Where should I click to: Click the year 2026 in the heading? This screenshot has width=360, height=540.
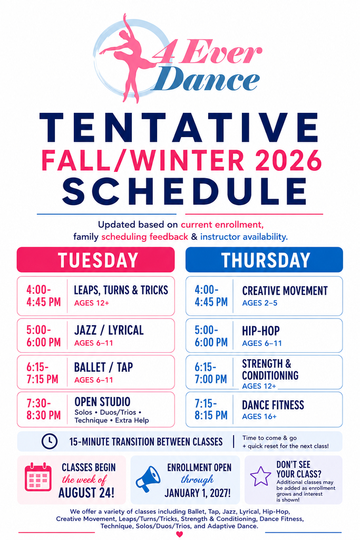[x=288, y=160]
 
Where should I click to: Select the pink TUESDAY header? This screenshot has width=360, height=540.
[x=96, y=259]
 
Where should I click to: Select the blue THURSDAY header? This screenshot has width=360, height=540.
[x=264, y=259]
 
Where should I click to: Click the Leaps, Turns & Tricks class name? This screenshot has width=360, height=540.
[x=121, y=290]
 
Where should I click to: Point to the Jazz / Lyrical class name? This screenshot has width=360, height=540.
[x=109, y=330]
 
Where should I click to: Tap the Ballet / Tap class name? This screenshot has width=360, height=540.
[x=104, y=367]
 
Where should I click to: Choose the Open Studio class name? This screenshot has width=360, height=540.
[x=103, y=401]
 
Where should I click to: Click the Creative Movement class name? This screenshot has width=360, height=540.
[x=285, y=291]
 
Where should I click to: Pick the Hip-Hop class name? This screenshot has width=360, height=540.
[x=261, y=331]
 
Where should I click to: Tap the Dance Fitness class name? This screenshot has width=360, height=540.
[x=273, y=405]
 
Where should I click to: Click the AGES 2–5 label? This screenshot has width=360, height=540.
[x=260, y=303]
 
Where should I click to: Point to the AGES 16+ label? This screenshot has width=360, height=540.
[x=259, y=417]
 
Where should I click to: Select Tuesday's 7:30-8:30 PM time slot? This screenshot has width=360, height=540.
[x=44, y=409]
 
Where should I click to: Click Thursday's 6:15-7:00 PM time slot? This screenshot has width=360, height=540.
[x=211, y=373]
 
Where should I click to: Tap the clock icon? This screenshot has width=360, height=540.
[x=50, y=441]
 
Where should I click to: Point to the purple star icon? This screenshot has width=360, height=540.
[x=260, y=476]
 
